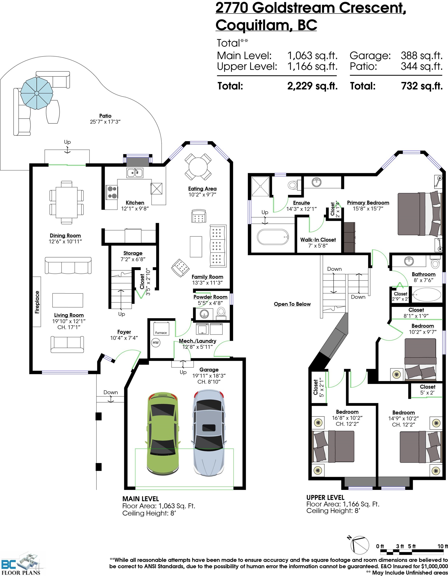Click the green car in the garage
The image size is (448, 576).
163,433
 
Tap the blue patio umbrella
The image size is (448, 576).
37,93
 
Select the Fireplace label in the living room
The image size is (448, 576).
37,302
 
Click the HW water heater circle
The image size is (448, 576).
156,342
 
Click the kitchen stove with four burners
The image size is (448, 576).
112,192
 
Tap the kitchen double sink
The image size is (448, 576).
135,173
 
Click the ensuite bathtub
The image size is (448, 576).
273,237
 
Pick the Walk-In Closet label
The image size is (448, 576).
318,240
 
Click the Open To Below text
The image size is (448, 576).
292,304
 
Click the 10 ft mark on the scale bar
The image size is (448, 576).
443,546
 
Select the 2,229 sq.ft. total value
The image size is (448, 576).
312,86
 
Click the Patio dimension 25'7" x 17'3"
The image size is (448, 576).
105,121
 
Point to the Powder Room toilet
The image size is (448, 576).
221,312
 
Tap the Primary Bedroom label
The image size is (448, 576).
368,202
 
